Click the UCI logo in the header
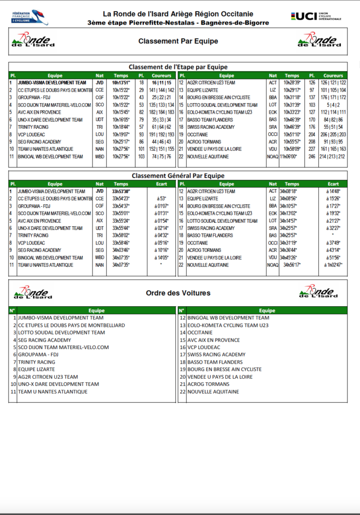pyautogui.click(x=316, y=17)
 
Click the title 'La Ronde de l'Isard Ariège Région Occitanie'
pyautogui.click(x=178, y=14)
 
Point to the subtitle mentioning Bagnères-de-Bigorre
pyautogui.click(x=178, y=23)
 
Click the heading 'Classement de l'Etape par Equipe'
pyautogui.click(x=178, y=67)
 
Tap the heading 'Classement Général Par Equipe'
pyautogui.click(x=178, y=176)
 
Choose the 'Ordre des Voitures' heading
pyautogui.click(x=178, y=293)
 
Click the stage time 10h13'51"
pyautogui.click(x=121, y=82)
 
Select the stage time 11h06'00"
pyautogui.click(x=292, y=156)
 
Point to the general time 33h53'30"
pyautogui.click(x=121, y=192)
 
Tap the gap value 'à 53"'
pyautogui.click(x=161, y=199)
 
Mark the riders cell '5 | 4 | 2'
pyautogui.click(x=333, y=105)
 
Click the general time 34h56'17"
pyautogui.click(x=292, y=265)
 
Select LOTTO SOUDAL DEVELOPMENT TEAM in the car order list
pyautogui.click(x=61, y=332)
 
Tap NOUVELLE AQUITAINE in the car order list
pyautogui.click(x=213, y=392)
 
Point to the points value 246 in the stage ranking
pyautogui.click(x=312, y=156)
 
